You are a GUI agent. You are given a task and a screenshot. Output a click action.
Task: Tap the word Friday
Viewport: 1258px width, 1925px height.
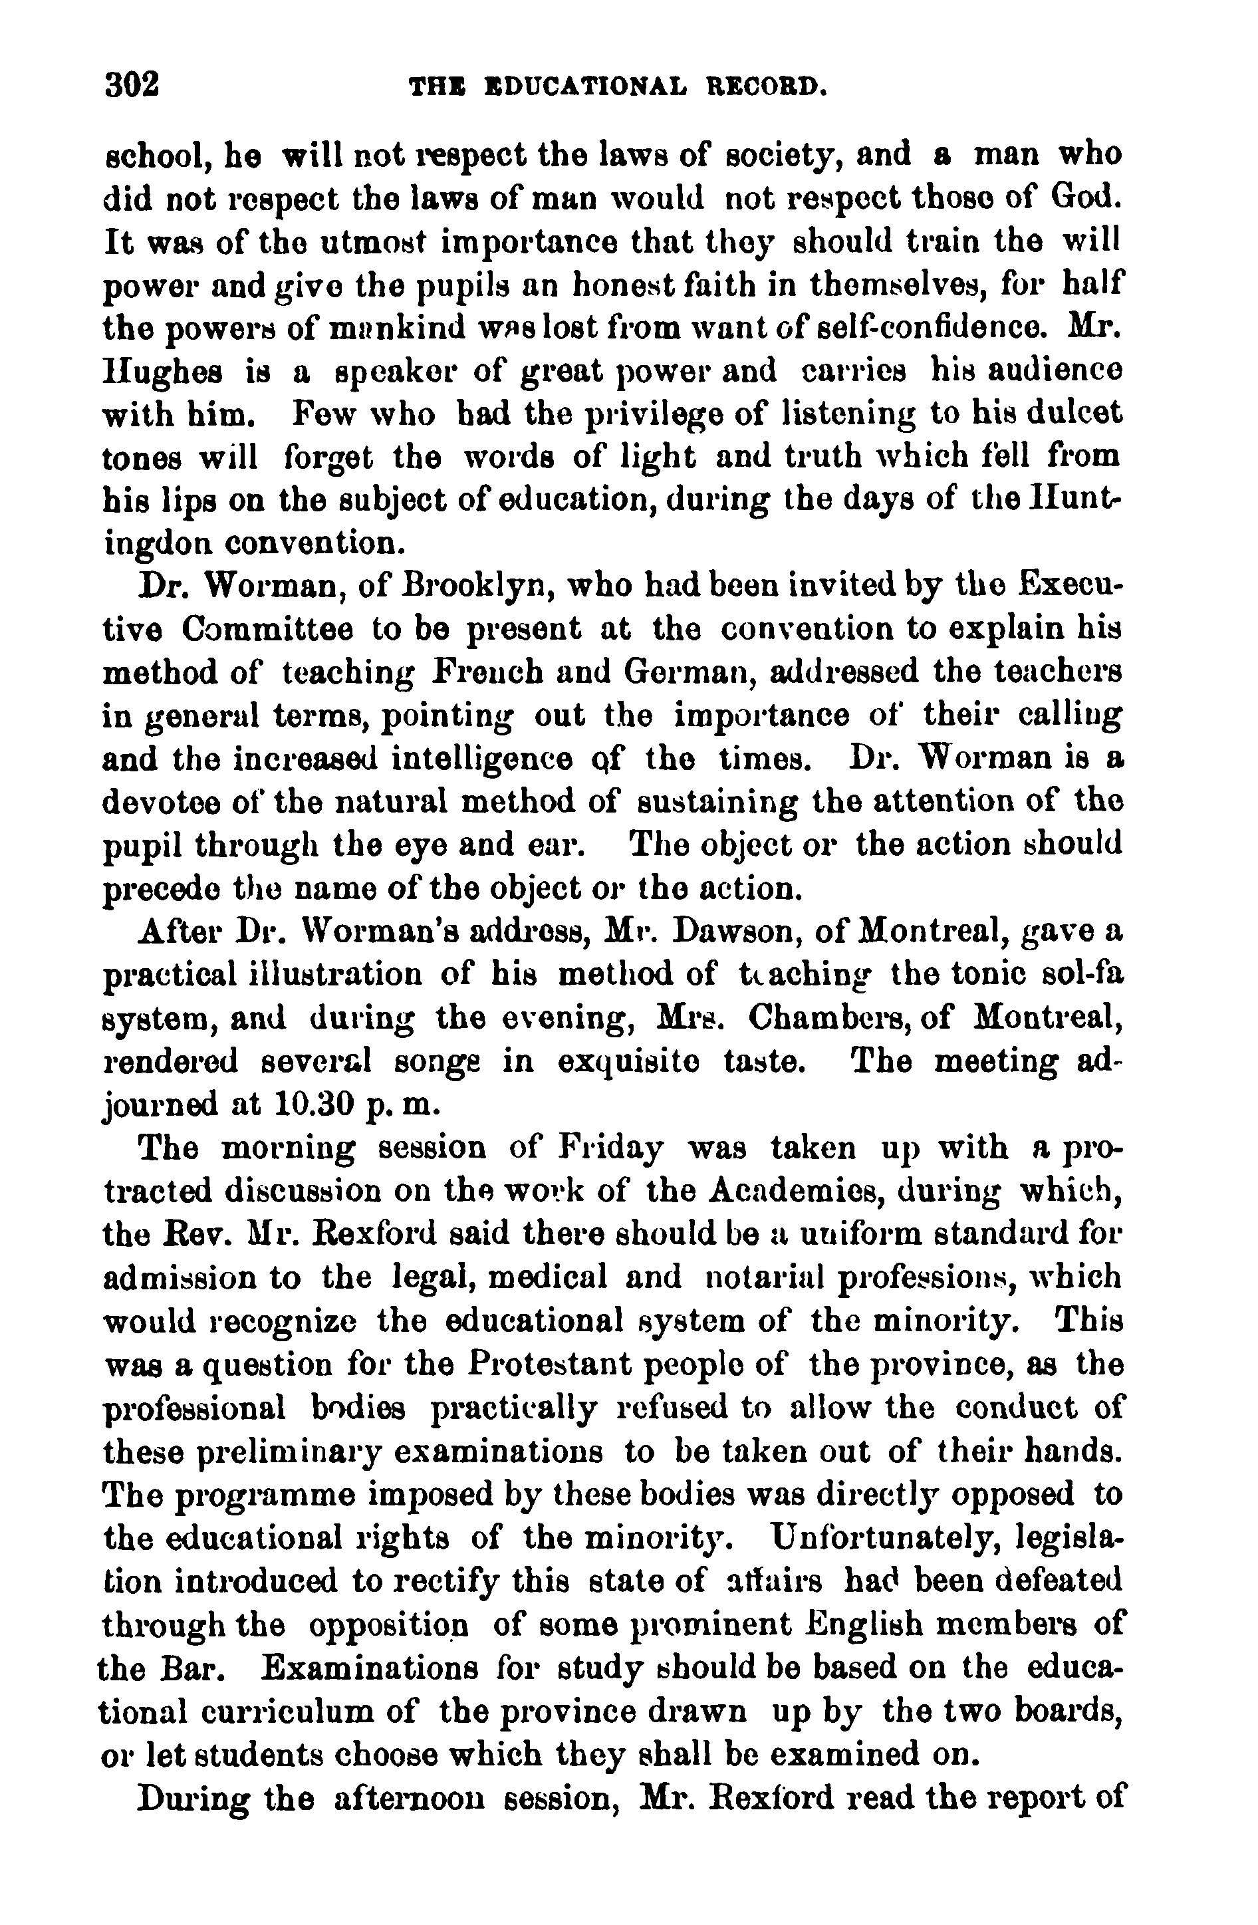tap(612, 1148)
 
